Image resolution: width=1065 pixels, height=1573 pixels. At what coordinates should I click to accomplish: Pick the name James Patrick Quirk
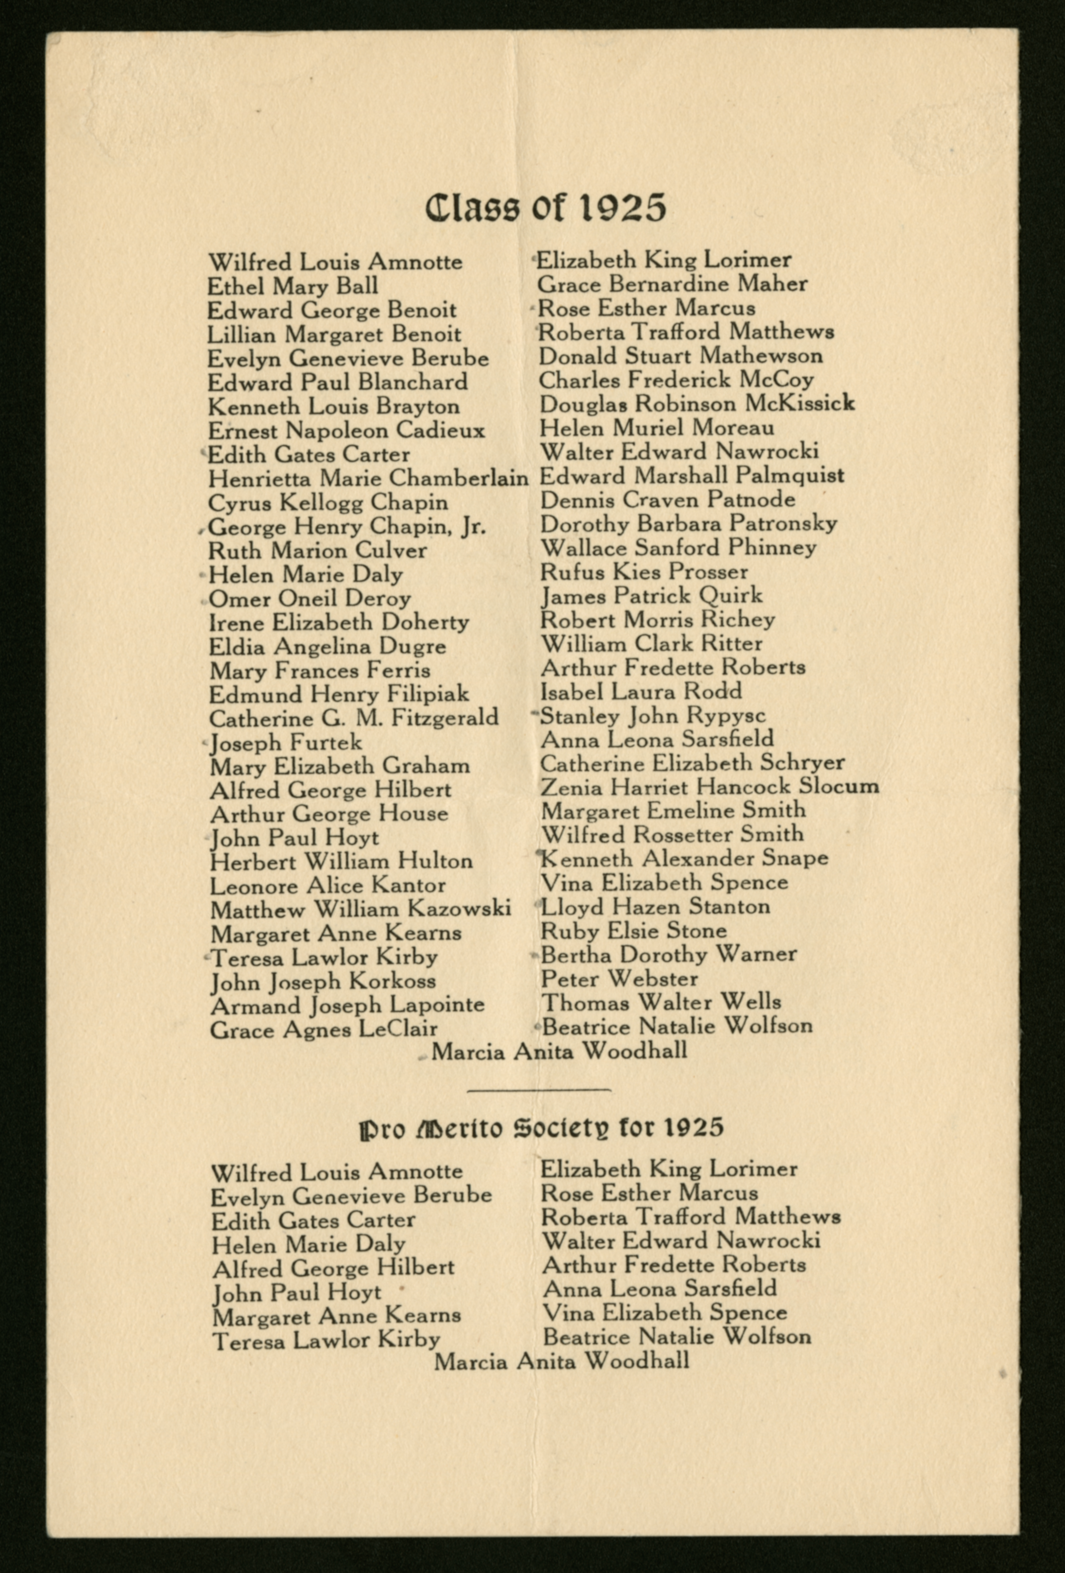point(651,596)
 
